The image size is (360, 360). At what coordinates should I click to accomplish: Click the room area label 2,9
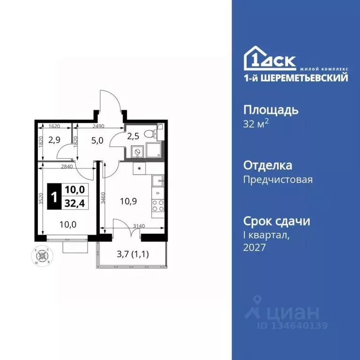tap(54, 140)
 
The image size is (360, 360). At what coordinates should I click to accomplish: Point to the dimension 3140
tap(140, 226)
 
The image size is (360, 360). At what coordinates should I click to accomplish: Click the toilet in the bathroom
tap(150, 134)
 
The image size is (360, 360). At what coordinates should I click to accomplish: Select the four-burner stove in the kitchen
tap(158, 206)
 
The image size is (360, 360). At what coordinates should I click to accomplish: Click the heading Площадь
tap(271, 111)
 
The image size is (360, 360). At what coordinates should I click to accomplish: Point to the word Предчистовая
tap(278, 179)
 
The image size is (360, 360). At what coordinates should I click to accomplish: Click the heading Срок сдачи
tap(277, 221)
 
